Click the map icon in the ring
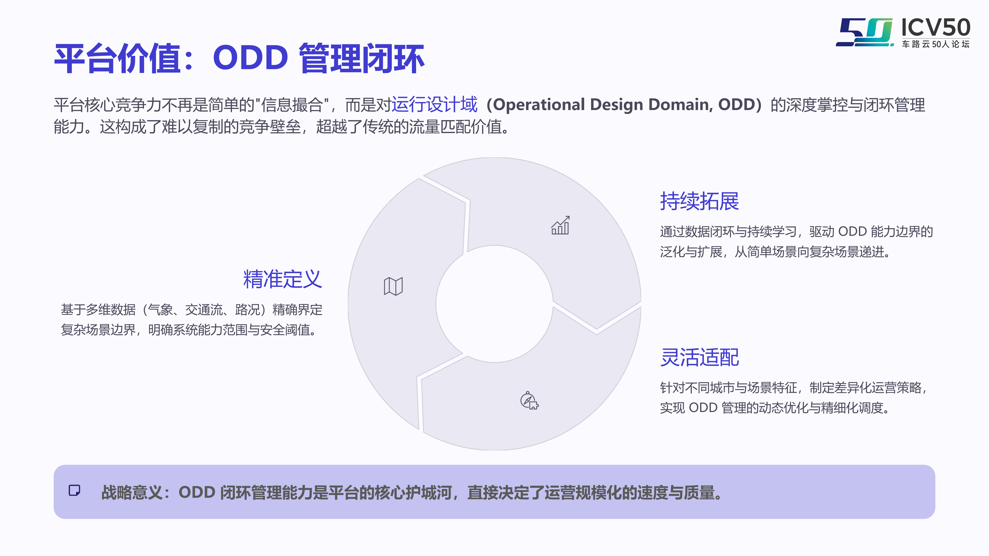393,286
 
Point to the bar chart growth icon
560,225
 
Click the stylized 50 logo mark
865,32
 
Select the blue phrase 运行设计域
434,104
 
